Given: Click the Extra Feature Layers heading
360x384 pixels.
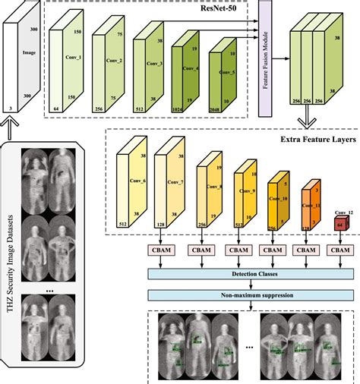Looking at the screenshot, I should [x=312, y=140].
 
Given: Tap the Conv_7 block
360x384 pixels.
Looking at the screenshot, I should [x=171, y=182].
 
